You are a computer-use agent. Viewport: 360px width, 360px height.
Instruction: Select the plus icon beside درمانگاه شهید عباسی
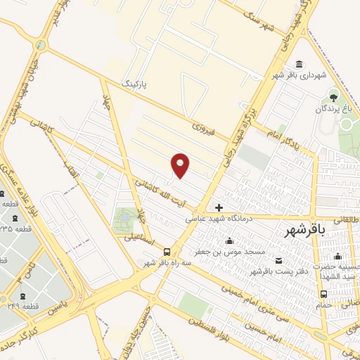[x=219, y=207]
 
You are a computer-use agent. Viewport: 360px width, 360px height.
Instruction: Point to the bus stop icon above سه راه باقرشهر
[x=167, y=252]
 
